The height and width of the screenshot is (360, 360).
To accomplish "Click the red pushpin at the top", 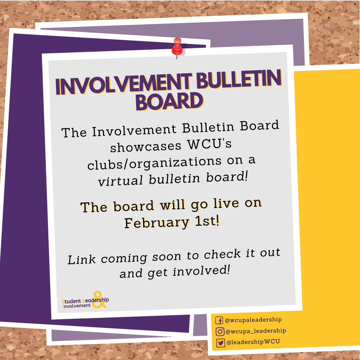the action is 177,47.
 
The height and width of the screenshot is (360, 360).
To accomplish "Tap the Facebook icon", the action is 219,320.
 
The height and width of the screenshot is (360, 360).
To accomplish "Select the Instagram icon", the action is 220,332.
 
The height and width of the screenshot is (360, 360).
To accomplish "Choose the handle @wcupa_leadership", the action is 256,331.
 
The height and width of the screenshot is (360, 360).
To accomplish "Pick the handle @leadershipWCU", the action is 253,342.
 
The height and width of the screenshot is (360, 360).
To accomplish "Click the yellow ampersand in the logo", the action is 99,300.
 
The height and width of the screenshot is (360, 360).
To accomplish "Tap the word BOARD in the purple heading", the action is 169,101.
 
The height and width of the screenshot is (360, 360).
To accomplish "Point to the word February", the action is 157,223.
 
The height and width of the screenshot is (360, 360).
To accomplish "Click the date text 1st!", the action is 207,221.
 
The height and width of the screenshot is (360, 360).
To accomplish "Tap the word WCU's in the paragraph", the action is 209,144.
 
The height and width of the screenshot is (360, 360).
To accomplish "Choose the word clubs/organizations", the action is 154,163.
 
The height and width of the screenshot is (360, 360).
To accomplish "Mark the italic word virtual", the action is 120,180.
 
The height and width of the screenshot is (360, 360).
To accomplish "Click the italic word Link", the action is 82,260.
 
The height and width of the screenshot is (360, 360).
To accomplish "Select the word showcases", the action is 146,147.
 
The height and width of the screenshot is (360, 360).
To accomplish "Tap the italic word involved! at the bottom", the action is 201,271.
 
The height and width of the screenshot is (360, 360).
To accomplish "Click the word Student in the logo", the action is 71,301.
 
